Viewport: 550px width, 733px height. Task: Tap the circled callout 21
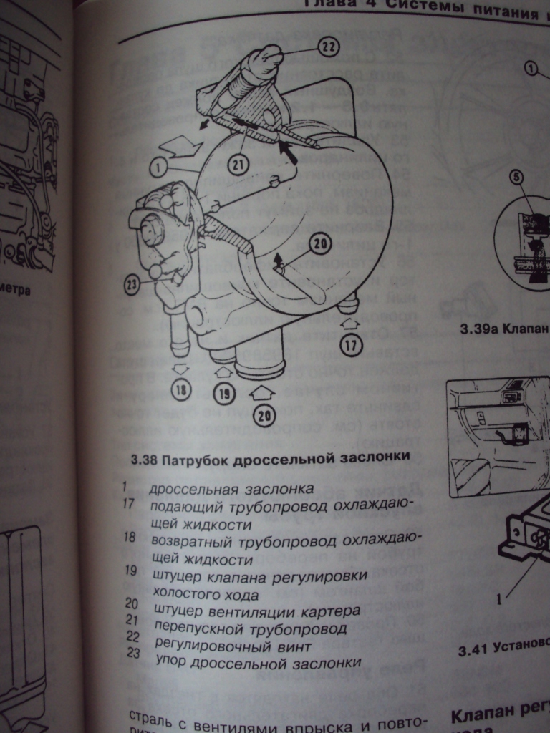click(x=237, y=165)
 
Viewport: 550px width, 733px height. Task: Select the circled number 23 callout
click(x=131, y=285)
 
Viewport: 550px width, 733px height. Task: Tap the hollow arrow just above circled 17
click(x=350, y=324)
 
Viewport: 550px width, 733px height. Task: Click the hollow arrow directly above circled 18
click(x=180, y=368)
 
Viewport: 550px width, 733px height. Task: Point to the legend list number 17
click(x=130, y=503)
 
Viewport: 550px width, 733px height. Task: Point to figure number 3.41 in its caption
click(x=474, y=650)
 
